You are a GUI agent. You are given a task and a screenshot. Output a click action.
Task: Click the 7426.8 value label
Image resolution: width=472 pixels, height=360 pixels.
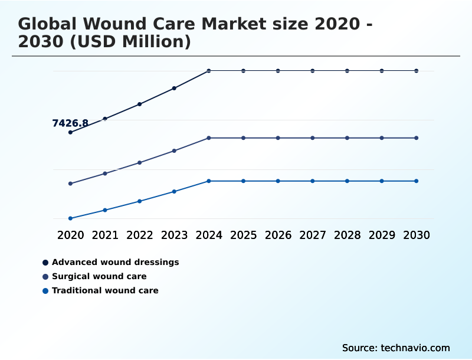70,123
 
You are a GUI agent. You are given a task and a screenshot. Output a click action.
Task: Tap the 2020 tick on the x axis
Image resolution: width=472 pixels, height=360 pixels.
70,235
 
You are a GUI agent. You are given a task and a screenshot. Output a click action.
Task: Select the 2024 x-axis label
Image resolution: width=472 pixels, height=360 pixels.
209,235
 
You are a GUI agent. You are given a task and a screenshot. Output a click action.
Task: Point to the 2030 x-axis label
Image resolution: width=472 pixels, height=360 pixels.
417,235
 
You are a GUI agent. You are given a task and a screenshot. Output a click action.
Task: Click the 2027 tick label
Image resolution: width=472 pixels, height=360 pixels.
313,235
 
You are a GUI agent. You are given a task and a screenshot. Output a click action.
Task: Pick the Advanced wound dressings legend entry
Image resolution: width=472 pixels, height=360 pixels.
115,262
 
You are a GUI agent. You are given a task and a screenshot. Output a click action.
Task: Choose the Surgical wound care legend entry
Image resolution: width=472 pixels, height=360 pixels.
99,276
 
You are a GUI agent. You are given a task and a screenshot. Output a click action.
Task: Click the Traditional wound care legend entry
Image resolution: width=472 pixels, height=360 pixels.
105,290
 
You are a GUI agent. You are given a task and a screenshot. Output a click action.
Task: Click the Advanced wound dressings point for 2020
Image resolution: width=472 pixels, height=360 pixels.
70,132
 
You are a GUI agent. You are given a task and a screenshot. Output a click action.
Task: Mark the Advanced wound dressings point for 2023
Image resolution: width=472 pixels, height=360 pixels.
174,88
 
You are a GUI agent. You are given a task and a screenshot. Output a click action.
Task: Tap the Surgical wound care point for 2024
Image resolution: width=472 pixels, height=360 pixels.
209,138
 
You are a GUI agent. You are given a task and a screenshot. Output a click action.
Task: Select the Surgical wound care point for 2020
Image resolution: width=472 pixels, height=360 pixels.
70,184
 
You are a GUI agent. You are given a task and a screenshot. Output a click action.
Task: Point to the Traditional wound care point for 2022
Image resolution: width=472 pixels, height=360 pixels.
140,201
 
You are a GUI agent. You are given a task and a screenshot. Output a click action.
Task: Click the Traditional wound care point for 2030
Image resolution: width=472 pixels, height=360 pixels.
417,181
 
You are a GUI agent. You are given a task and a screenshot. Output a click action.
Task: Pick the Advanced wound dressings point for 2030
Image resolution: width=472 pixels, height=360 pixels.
417,71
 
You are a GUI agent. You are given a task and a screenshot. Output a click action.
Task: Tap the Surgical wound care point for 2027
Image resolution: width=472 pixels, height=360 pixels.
313,138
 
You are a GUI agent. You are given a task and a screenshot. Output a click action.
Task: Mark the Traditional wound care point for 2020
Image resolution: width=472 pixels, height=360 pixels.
70,218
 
